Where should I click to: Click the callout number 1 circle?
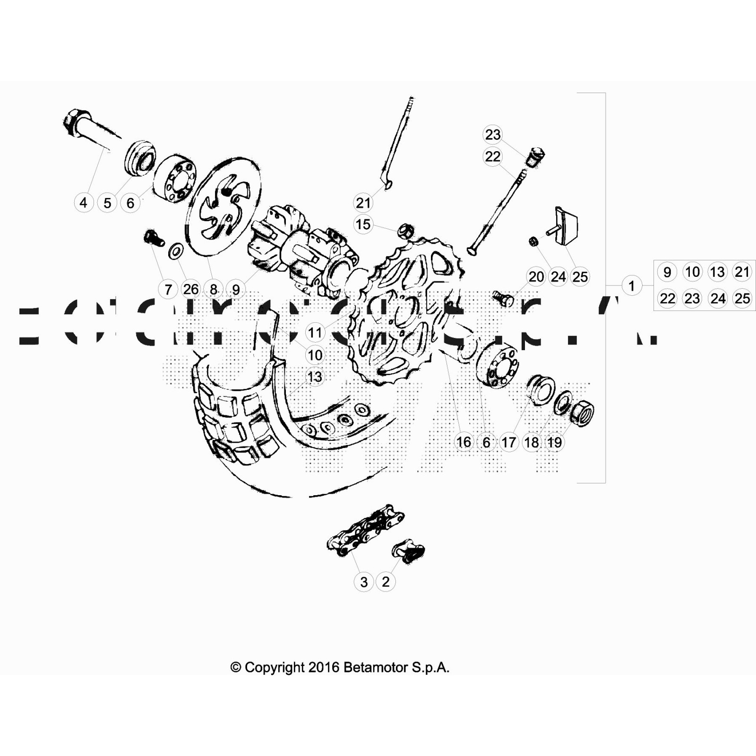tap(631, 286)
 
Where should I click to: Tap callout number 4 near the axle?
tap(84, 203)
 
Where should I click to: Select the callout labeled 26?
tap(190, 289)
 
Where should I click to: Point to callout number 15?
tap(363, 224)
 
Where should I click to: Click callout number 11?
tap(315, 333)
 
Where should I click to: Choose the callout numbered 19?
tap(554, 442)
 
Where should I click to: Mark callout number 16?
tap(464, 442)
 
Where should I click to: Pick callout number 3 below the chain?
tap(363, 582)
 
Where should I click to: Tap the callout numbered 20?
tap(536, 276)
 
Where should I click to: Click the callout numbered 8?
tap(214, 289)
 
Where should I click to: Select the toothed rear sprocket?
tap(406, 312)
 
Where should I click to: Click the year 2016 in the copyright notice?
tap(324, 667)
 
